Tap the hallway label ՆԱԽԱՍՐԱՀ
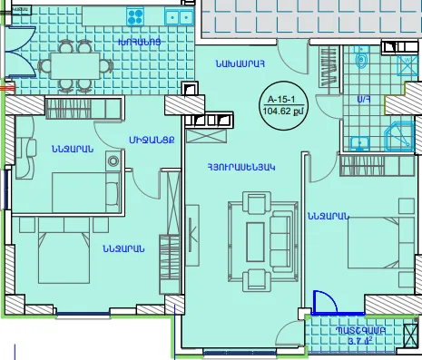coord(239,63)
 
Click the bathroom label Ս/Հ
coord(362,98)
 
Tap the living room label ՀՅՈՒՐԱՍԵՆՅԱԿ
coord(240,167)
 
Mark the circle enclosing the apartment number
coord(280,106)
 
